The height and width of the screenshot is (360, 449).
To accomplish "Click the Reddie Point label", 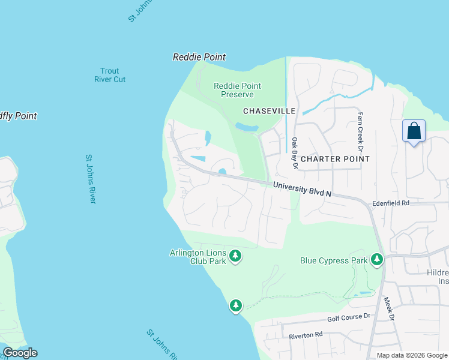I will coord(199,57).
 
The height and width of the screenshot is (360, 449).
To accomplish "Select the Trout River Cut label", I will coord(110,75).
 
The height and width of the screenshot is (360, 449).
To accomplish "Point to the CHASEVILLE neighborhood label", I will coord(269,111).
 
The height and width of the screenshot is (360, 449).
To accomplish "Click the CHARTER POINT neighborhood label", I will coord(335,159).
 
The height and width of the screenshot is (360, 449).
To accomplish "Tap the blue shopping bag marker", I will coord(414,131).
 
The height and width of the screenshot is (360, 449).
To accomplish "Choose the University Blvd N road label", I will coord(303,190).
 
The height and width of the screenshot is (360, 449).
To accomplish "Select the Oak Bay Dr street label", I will coord(295,153).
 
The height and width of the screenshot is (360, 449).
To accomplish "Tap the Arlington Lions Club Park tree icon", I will coord(236,257).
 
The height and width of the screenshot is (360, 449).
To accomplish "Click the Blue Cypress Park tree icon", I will coord(376,259).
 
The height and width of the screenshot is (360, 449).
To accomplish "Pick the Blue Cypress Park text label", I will coord(333,260).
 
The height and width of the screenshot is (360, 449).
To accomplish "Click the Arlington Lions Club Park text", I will coord(197,257).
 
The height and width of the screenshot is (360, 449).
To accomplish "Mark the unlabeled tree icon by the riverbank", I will coord(236,305).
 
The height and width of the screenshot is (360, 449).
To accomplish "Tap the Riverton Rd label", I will coord(306,335).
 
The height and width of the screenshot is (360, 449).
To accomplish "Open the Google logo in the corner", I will coord(20,353).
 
